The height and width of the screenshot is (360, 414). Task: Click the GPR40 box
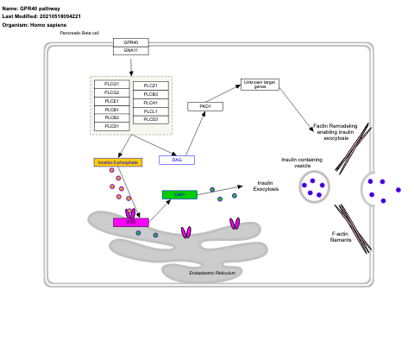click(130, 41)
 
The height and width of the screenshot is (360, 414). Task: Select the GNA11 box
click(130, 50)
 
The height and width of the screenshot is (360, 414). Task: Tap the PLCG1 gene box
click(112, 85)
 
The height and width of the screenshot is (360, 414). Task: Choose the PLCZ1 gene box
click(150, 85)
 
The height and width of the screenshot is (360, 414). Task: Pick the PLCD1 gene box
click(112, 127)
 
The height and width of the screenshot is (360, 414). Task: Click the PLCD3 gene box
click(150, 118)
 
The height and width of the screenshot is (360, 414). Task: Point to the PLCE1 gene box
click(112, 102)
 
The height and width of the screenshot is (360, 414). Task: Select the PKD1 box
click(205, 106)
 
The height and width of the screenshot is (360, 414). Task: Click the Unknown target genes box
click(259, 85)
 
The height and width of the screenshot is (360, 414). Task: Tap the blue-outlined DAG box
click(177, 160)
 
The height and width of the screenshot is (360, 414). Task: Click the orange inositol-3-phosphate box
click(116, 162)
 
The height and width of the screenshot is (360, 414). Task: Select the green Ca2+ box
click(179, 195)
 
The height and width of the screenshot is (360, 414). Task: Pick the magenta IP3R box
click(130, 223)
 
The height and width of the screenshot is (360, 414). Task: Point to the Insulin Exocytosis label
click(266, 186)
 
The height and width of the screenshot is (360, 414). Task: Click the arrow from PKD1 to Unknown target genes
click(223, 94)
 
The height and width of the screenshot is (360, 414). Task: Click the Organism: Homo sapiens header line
click(35, 24)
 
